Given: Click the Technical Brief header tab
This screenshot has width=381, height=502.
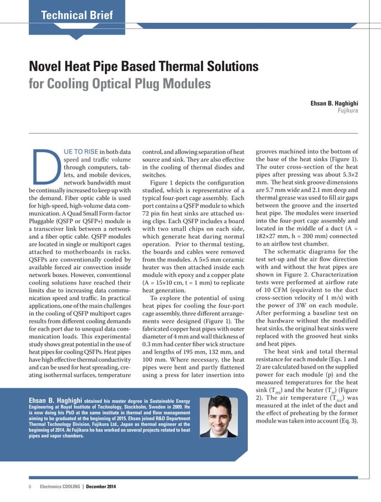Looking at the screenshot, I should (x=76, y=15).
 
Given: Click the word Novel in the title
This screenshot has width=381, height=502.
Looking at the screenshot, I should (x=48, y=66).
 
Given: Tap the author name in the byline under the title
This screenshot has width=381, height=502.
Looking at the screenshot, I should (x=334, y=103).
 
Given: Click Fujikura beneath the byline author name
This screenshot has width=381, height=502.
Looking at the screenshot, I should (x=348, y=111).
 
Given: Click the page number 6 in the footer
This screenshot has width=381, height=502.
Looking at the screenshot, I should (x=29, y=487).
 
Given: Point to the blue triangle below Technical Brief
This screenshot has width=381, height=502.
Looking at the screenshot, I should (x=76, y=35).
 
